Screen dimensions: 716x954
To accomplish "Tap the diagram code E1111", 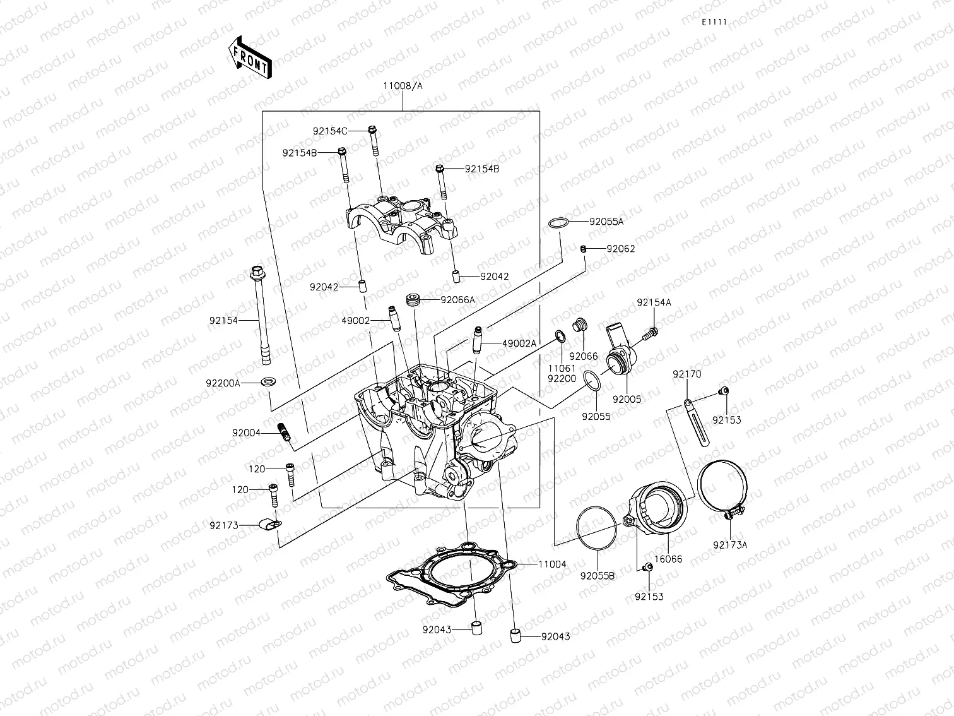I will [x=714, y=22].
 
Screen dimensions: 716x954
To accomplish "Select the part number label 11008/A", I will [x=402, y=86].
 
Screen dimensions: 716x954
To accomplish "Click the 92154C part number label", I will [x=330, y=131].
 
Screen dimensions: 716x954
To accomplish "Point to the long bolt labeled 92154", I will [x=260, y=316].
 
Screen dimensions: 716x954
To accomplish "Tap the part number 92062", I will [x=621, y=249].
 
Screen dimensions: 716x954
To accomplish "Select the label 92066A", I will [x=457, y=300].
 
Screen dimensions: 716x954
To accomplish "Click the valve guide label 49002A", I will [x=519, y=343].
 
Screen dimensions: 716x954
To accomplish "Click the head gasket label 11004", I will [x=552, y=564].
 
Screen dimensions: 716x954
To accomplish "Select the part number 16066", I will [x=668, y=559].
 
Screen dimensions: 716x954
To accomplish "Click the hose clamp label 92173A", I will [x=730, y=545].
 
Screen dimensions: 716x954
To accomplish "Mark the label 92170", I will [x=686, y=374].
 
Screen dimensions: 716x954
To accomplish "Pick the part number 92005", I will [x=627, y=400].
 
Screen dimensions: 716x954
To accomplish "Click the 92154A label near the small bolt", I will [x=654, y=303].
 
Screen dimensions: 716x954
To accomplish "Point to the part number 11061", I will [x=562, y=369].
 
